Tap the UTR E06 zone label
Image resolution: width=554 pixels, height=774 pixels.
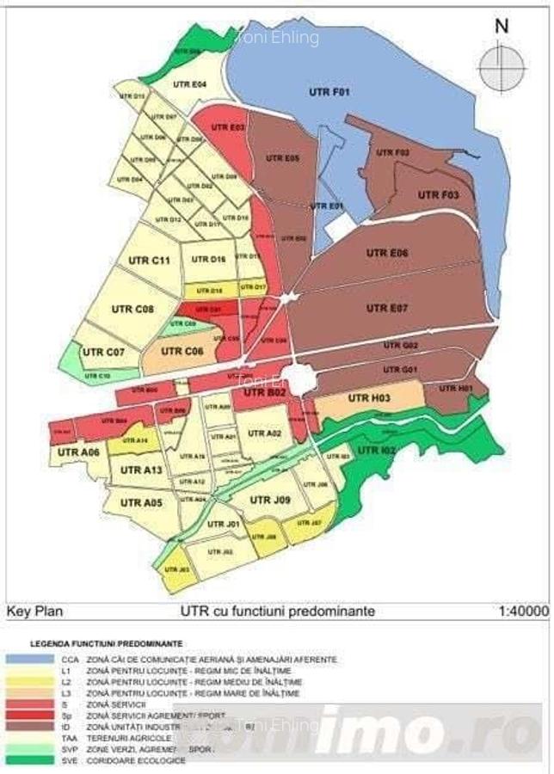point(387,253)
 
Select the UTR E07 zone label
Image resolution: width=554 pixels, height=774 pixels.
point(387,308)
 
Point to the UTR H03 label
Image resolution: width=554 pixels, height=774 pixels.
point(369,398)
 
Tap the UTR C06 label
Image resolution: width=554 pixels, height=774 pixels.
point(182,351)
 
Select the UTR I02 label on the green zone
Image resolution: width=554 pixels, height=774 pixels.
point(376,451)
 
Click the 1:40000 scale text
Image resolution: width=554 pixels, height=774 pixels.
point(522,611)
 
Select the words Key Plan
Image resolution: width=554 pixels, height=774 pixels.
point(34,611)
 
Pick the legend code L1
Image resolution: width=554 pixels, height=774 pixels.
point(68,670)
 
